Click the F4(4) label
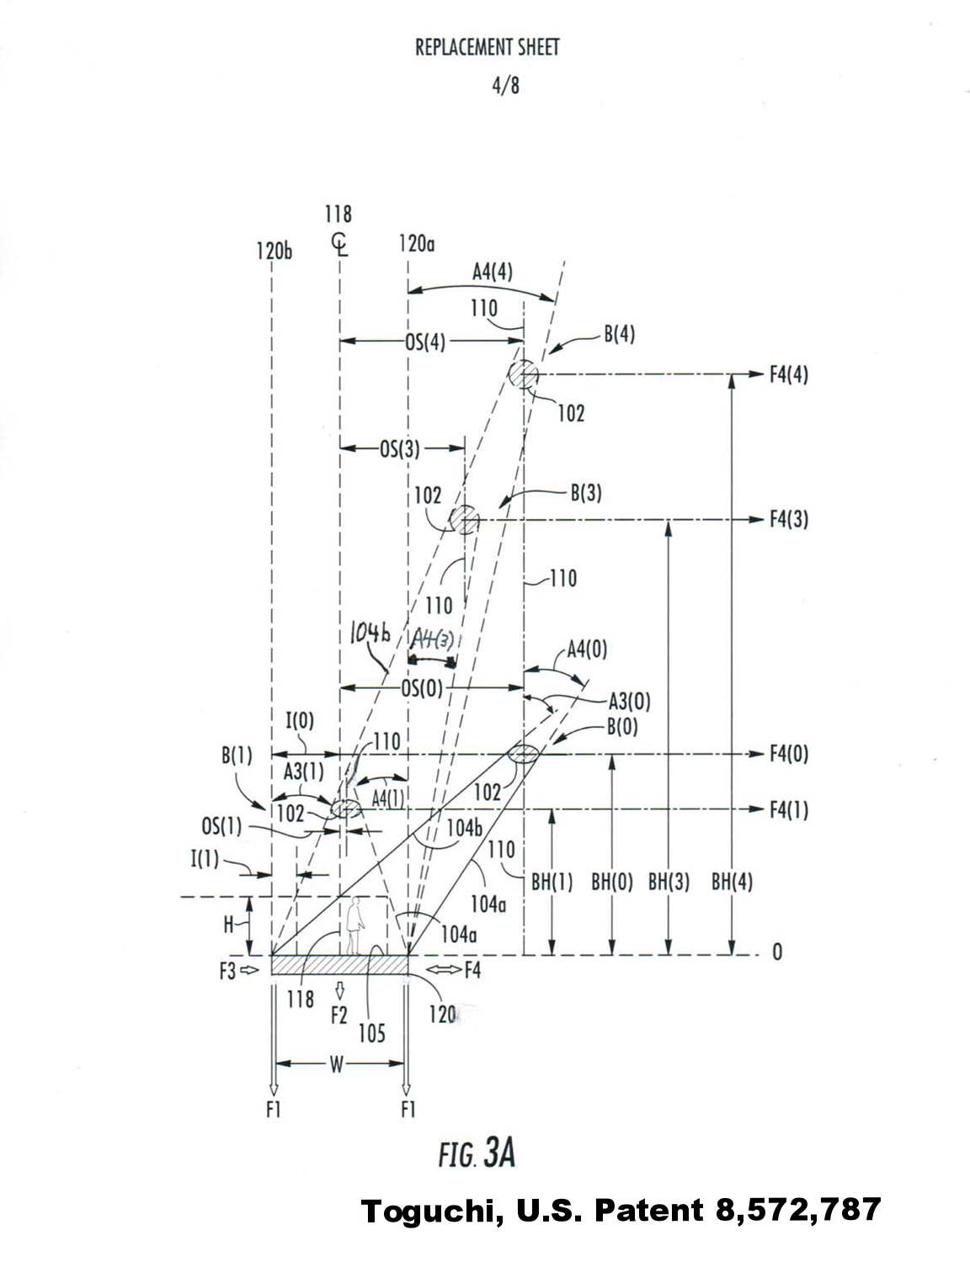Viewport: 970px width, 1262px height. (788, 374)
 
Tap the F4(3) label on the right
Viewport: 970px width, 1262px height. (788, 519)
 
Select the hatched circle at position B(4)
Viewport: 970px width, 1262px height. (523, 374)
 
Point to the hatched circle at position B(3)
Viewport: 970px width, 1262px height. (463, 519)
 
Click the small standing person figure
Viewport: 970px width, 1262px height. (355, 925)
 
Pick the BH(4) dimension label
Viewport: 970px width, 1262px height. (732, 883)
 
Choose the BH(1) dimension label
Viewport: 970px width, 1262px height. (552, 883)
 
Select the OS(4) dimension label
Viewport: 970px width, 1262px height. (425, 342)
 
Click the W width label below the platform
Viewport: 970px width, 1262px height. (337, 1065)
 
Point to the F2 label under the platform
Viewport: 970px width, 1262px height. (338, 1015)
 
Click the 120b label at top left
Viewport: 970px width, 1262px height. (274, 251)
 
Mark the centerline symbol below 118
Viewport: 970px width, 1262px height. (339, 245)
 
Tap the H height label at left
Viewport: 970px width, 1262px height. (229, 925)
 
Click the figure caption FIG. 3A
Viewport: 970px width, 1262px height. (477, 1153)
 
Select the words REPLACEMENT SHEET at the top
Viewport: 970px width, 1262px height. (487, 47)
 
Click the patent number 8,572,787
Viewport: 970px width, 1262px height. (797, 1211)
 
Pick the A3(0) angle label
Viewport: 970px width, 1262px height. (629, 701)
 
